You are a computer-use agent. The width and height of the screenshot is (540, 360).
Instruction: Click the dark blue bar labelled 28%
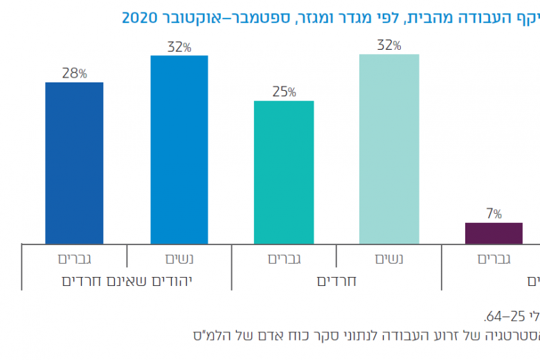click(x=74, y=163)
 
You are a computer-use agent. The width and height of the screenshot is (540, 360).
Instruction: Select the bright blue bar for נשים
click(x=179, y=150)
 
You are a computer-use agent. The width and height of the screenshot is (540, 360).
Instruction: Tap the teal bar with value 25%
click(x=284, y=172)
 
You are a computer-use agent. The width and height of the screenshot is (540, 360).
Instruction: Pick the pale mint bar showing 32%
click(x=389, y=150)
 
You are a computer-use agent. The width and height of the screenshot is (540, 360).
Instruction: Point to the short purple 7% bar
click(x=494, y=233)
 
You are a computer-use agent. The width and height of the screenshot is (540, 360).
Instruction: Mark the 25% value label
click(x=283, y=92)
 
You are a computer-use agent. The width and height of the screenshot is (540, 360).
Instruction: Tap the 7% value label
click(x=494, y=214)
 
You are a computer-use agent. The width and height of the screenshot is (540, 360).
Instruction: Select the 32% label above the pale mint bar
click(x=388, y=46)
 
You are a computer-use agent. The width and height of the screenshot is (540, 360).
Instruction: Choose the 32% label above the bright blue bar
click(x=179, y=47)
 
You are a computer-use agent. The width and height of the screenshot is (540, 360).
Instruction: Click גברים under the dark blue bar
click(x=75, y=260)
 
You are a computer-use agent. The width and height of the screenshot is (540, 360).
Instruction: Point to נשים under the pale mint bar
click(x=389, y=260)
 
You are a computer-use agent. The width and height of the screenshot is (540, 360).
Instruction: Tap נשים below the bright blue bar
click(x=179, y=260)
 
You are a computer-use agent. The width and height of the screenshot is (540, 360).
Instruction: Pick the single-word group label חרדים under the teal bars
click(x=336, y=281)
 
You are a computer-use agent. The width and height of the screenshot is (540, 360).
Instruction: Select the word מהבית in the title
click(x=443, y=17)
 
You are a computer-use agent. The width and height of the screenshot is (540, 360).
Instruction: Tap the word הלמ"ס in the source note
click(x=211, y=335)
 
